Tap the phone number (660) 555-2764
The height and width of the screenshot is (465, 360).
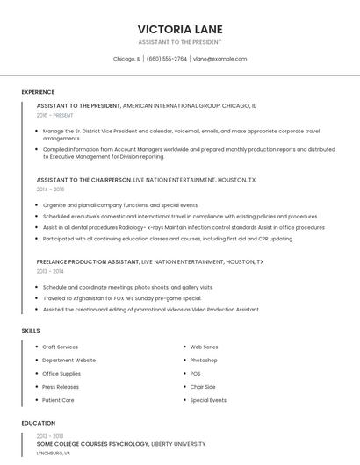tap(166, 59)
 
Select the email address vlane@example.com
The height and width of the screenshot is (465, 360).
tap(220, 59)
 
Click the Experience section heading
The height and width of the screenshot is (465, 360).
tap(38, 92)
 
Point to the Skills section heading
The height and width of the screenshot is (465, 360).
tap(31, 330)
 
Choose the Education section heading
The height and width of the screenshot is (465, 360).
tap(39, 423)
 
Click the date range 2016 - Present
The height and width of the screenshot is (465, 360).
tap(55, 115)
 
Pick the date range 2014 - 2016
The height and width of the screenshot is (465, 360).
tap(51, 189)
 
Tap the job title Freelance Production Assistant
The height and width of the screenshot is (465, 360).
tap(88, 261)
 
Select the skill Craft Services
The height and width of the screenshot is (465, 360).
tap(60, 347)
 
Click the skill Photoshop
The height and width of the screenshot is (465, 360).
tap(204, 360)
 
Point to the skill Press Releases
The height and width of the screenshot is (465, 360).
tap(61, 387)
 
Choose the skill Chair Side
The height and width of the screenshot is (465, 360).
tap(203, 387)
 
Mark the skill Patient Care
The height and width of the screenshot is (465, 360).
tap(58, 400)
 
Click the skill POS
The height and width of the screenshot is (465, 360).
tap(195, 373)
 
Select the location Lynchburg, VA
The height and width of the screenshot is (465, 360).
tap(54, 454)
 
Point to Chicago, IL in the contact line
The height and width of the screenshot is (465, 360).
tap(126, 59)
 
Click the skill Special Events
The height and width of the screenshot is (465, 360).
tap(208, 400)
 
